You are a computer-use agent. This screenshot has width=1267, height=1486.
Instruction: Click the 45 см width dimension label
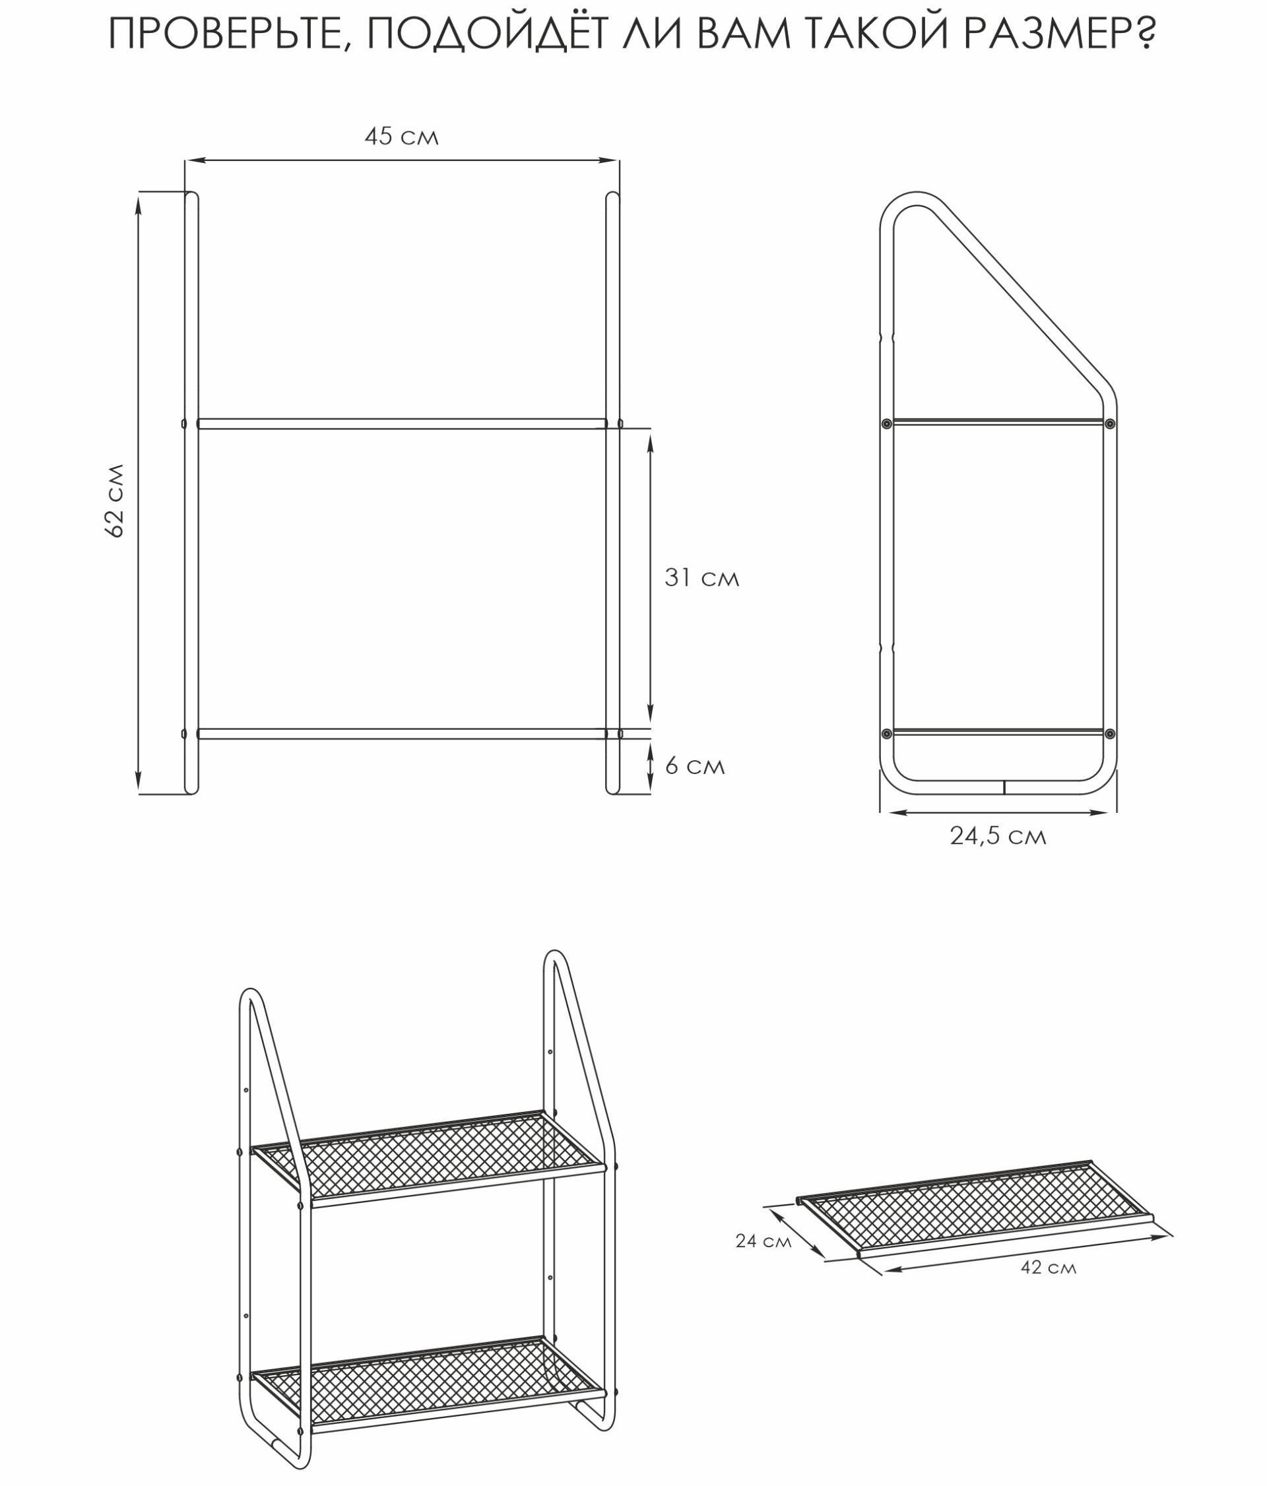[x=401, y=137]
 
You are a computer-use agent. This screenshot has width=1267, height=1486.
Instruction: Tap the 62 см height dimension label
[x=115, y=500]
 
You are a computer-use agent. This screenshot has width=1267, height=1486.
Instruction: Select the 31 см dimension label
[x=701, y=577]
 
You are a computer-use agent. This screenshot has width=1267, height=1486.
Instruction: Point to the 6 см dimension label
[x=695, y=766]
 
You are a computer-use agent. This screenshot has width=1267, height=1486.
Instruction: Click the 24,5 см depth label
[x=998, y=836]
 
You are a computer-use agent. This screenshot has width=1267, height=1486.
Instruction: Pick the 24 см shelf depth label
[x=763, y=1241]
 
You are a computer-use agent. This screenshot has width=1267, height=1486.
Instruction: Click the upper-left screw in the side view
[x=887, y=424]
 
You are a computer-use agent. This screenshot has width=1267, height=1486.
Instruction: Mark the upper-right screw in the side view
[x=1110, y=424]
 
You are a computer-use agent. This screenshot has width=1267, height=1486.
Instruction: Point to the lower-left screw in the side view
[x=887, y=734]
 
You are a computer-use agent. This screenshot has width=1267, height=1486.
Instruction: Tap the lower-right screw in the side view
[x=1110, y=734]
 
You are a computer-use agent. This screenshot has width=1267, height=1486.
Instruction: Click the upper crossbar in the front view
[x=401, y=424]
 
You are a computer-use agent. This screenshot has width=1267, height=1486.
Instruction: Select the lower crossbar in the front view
[x=401, y=734]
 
